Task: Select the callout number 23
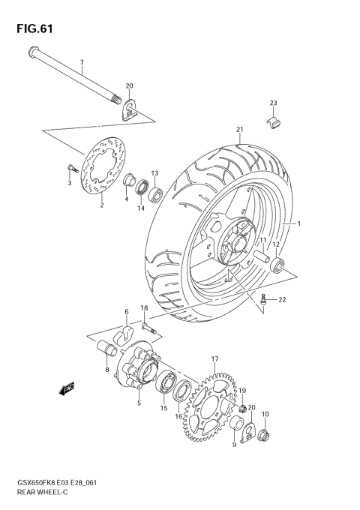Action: coord(274,103)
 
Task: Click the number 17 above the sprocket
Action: coord(215,359)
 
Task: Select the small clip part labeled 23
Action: coord(274,118)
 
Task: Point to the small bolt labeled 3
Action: coord(67,169)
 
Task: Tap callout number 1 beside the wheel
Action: coord(298,224)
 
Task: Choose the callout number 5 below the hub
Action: coord(138,403)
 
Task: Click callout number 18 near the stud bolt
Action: coord(143,308)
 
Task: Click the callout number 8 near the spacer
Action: coord(107,370)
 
